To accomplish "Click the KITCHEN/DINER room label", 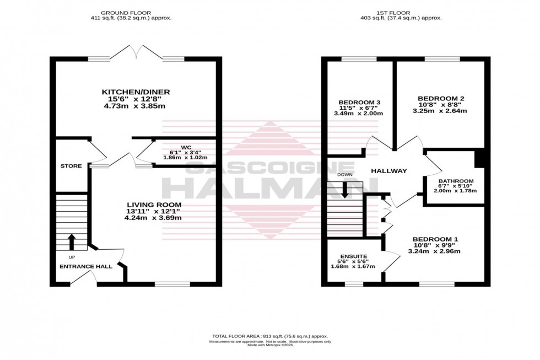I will pyautogui.click(x=136, y=92).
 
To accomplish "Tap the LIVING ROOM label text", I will pyautogui.click(x=153, y=205).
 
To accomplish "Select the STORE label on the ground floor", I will pyautogui.click(x=72, y=165).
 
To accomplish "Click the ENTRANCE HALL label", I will pyautogui.click(x=86, y=266).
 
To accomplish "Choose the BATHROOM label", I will pyautogui.click(x=456, y=181).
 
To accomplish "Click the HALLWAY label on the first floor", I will pyautogui.click(x=388, y=171).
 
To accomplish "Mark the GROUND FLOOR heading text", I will pyautogui.click(x=131, y=12).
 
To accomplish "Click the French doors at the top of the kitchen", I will pyautogui.click(x=136, y=53).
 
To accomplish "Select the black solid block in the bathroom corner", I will pyautogui.click(x=479, y=158).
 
